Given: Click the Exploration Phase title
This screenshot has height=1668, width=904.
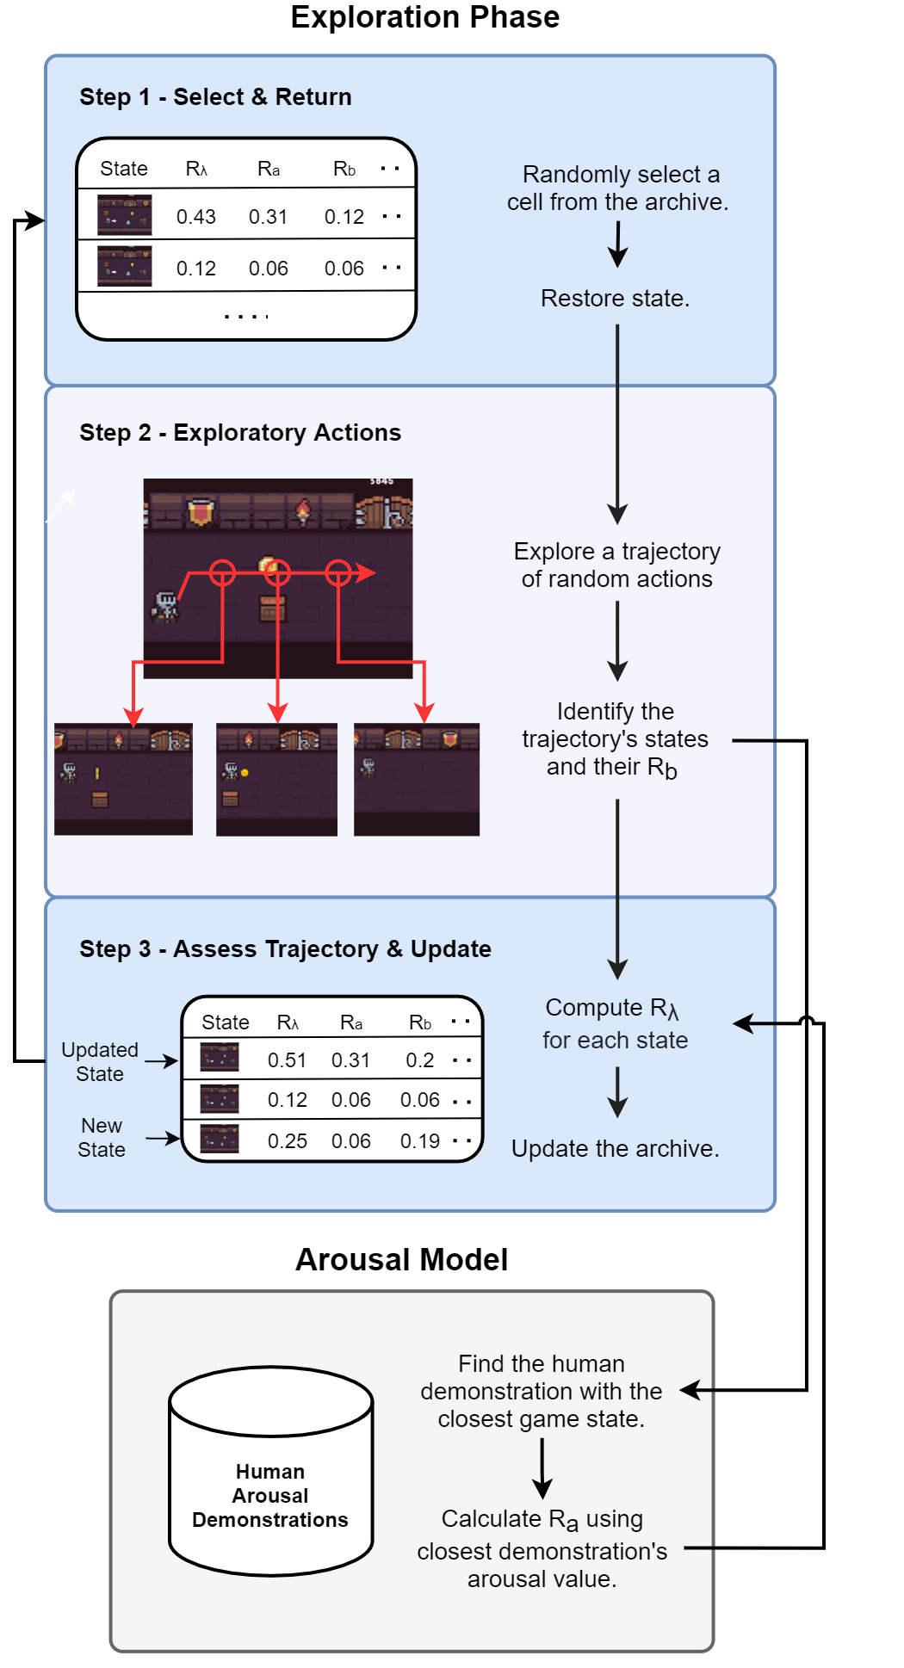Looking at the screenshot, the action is click(x=424, y=17).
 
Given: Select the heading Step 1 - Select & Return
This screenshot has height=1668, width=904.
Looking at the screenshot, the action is click(x=215, y=97).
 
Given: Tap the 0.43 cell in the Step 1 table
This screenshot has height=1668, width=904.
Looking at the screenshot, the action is click(x=196, y=217).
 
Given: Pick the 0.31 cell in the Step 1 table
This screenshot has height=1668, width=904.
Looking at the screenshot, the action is click(x=269, y=217).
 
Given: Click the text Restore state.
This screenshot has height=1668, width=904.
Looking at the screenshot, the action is click(x=616, y=299).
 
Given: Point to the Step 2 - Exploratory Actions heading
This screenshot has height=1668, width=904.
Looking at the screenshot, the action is click(x=240, y=433).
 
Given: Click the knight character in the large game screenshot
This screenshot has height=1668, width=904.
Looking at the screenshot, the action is click(x=165, y=606).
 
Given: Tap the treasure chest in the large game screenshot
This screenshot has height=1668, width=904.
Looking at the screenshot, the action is click(x=273, y=608).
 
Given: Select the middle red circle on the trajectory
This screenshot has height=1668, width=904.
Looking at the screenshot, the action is click(x=277, y=572).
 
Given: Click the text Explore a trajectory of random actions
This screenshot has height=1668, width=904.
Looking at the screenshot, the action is click(x=617, y=565).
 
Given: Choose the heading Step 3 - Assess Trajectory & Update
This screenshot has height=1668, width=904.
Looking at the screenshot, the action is click(x=285, y=949).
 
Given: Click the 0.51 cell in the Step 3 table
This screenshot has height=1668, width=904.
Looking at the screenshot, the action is click(x=288, y=1060).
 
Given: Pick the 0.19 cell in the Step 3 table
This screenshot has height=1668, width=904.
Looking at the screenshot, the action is click(x=420, y=1141).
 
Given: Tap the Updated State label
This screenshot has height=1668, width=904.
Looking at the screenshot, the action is click(x=100, y=1062).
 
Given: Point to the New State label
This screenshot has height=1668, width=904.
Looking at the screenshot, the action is click(x=102, y=1138).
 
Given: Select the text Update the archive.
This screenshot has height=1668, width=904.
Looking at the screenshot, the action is click(x=616, y=1149).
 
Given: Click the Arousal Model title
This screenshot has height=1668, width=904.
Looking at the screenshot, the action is click(x=402, y=1260).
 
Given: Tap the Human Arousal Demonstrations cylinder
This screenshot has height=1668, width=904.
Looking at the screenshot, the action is click(x=271, y=1472).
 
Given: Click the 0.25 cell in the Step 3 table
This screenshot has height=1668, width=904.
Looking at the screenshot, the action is click(x=288, y=1141).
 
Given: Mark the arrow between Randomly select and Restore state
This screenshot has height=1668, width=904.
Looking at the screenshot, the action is click(x=618, y=244).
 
